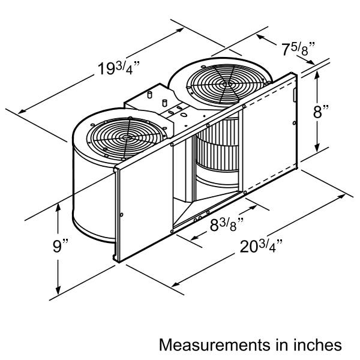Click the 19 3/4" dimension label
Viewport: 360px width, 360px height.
pyautogui.click(x=118, y=68)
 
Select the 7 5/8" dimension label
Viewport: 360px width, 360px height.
pyautogui.click(x=298, y=49)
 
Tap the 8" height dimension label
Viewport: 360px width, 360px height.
pyautogui.click(x=321, y=112)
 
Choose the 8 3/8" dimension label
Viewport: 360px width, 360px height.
pyautogui.click(x=227, y=224)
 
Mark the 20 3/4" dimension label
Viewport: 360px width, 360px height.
pyautogui.click(x=261, y=247)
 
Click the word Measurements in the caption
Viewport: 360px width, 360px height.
pyautogui.click(x=215, y=345)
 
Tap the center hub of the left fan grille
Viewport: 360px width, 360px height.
pyautogui.click(x=126, y=138)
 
